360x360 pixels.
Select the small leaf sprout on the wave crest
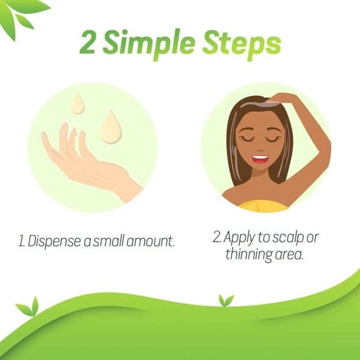[x=226, y=300]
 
